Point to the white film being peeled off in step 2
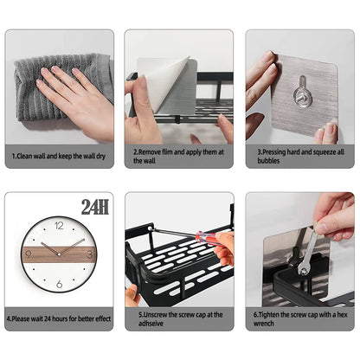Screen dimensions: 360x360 pos(164,82)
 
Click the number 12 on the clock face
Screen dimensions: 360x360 pos(59,225)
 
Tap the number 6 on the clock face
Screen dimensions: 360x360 pos(59,284)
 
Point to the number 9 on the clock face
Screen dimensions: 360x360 pos(29,254)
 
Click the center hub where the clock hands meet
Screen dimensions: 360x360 pos(59,254)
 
